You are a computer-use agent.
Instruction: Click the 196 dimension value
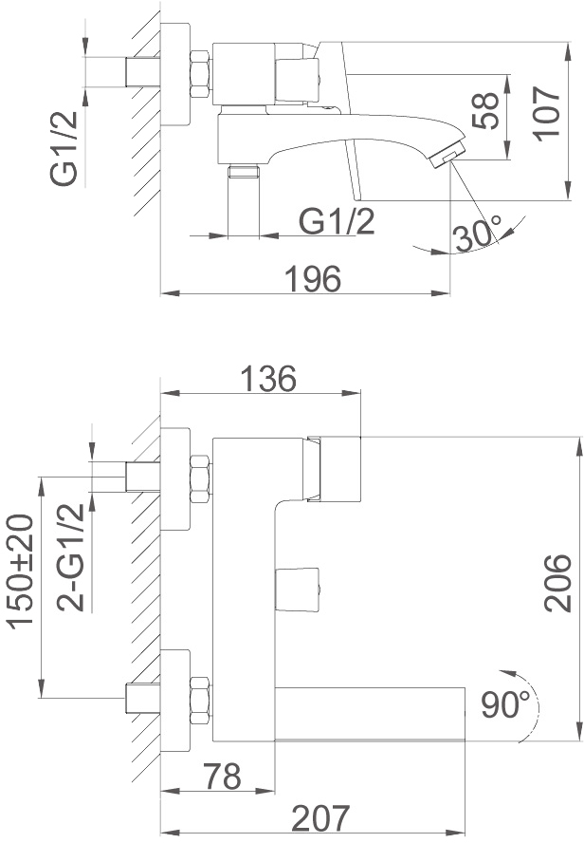tap(313, 278)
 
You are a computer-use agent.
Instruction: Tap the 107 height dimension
tap(547, 113)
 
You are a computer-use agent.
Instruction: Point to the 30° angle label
tap(477, 234)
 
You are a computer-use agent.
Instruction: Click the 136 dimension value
tap(268, 379)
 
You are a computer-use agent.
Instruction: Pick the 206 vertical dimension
tap(557, 583)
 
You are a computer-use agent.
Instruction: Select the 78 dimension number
tap(222, 777)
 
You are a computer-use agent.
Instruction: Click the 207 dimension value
tap(320, 818)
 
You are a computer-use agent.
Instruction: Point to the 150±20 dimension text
tap(20, 571)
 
